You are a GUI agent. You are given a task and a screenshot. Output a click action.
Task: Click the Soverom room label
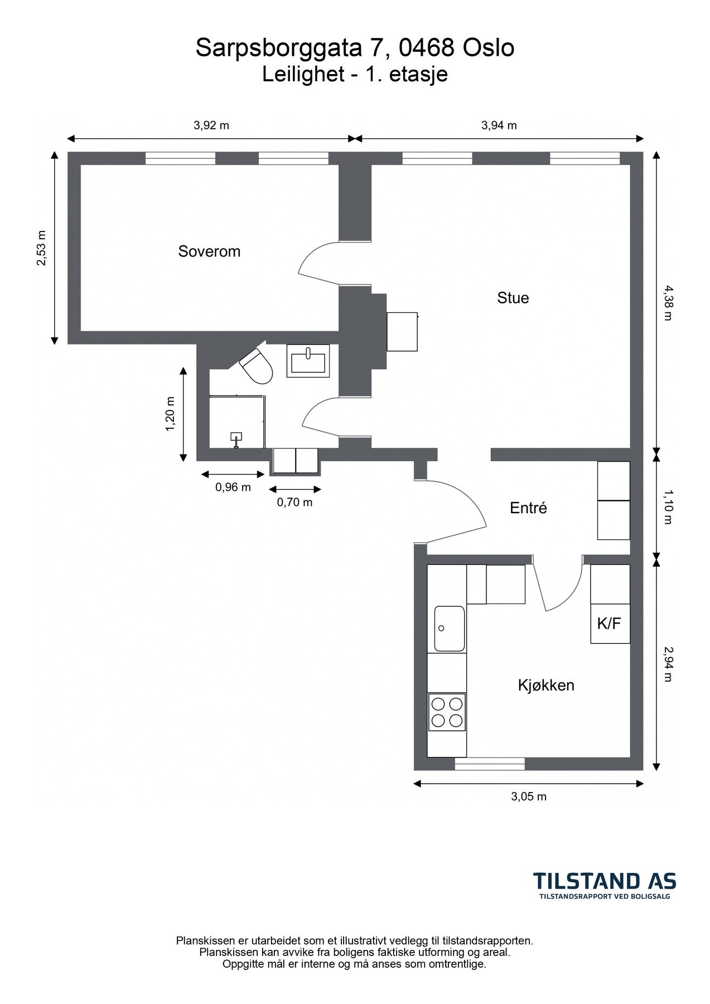coord(209,252)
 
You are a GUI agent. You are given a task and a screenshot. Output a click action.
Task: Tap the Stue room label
coord(513,298)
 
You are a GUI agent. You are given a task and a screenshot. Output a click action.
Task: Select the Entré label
coord(528,508)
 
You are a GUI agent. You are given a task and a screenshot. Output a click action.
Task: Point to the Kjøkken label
coord(546,685)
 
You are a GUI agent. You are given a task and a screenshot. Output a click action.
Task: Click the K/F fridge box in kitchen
coord(610,624)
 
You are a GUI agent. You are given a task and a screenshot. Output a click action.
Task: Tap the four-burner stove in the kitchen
coord(447,712)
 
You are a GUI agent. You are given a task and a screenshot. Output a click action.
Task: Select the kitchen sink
coord(450,629)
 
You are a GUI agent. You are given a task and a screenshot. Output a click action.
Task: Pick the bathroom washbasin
coord(308,360)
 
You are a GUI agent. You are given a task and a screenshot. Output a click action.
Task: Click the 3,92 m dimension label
coord(211,126)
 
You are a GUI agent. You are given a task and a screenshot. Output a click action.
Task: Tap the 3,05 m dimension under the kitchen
coord(529,797)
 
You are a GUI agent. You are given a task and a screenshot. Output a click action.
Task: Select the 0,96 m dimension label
coord(233,487)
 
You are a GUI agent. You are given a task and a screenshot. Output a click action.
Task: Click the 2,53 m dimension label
coord(42,248)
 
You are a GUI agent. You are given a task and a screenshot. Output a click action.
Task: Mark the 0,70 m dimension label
coord(294,503)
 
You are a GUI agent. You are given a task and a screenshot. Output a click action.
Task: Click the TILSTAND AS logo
coord(605,886)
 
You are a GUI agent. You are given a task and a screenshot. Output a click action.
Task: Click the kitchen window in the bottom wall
coord(490,764)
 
